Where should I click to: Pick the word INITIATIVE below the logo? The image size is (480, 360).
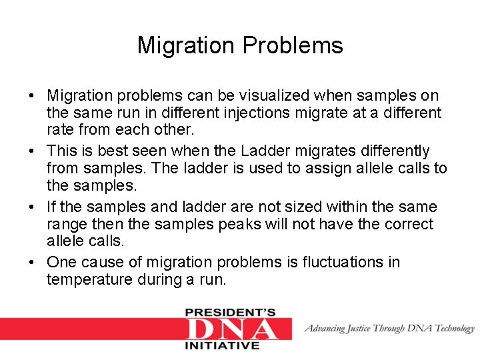pos(221,345)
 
